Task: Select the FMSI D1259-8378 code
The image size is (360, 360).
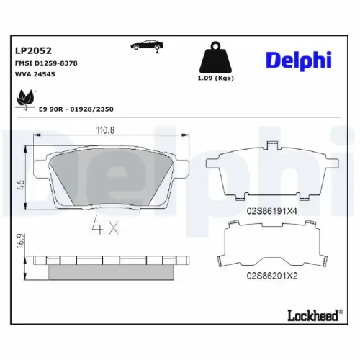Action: click(46, 63)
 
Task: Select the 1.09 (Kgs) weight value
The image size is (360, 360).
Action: click(217, 78)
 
